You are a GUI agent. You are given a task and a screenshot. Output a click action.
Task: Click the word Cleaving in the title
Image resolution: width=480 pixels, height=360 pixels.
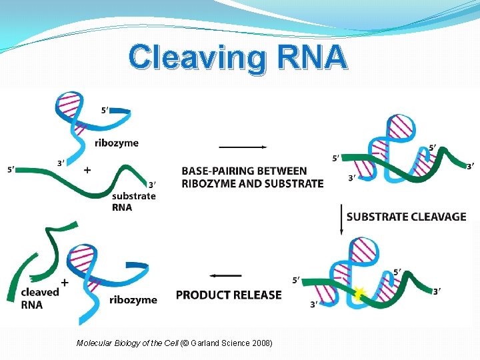click(193, 58)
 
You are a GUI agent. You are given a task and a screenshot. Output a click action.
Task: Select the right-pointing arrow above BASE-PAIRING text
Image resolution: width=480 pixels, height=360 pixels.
click(243, 147)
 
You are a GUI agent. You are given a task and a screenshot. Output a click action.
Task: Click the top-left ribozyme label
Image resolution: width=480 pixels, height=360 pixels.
click(117, 143)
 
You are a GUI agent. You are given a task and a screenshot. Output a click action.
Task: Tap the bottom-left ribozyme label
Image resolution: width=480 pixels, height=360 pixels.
click(133, 299)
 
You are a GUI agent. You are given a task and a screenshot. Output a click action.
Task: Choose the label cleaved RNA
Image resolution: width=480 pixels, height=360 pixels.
click(39, 299)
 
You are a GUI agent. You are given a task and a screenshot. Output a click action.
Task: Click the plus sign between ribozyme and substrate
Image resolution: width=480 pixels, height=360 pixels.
click(87, 171)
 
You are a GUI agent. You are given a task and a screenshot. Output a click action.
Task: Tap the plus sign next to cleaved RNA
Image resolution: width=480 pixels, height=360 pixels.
click(65, 282)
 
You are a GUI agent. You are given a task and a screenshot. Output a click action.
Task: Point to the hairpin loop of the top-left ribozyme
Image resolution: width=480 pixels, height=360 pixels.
click(69, 104)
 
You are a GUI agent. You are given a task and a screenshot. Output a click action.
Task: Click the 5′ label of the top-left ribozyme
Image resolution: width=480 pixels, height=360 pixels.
click(105, 111)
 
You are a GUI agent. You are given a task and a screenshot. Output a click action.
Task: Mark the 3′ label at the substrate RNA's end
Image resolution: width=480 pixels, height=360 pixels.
click(152, 185)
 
